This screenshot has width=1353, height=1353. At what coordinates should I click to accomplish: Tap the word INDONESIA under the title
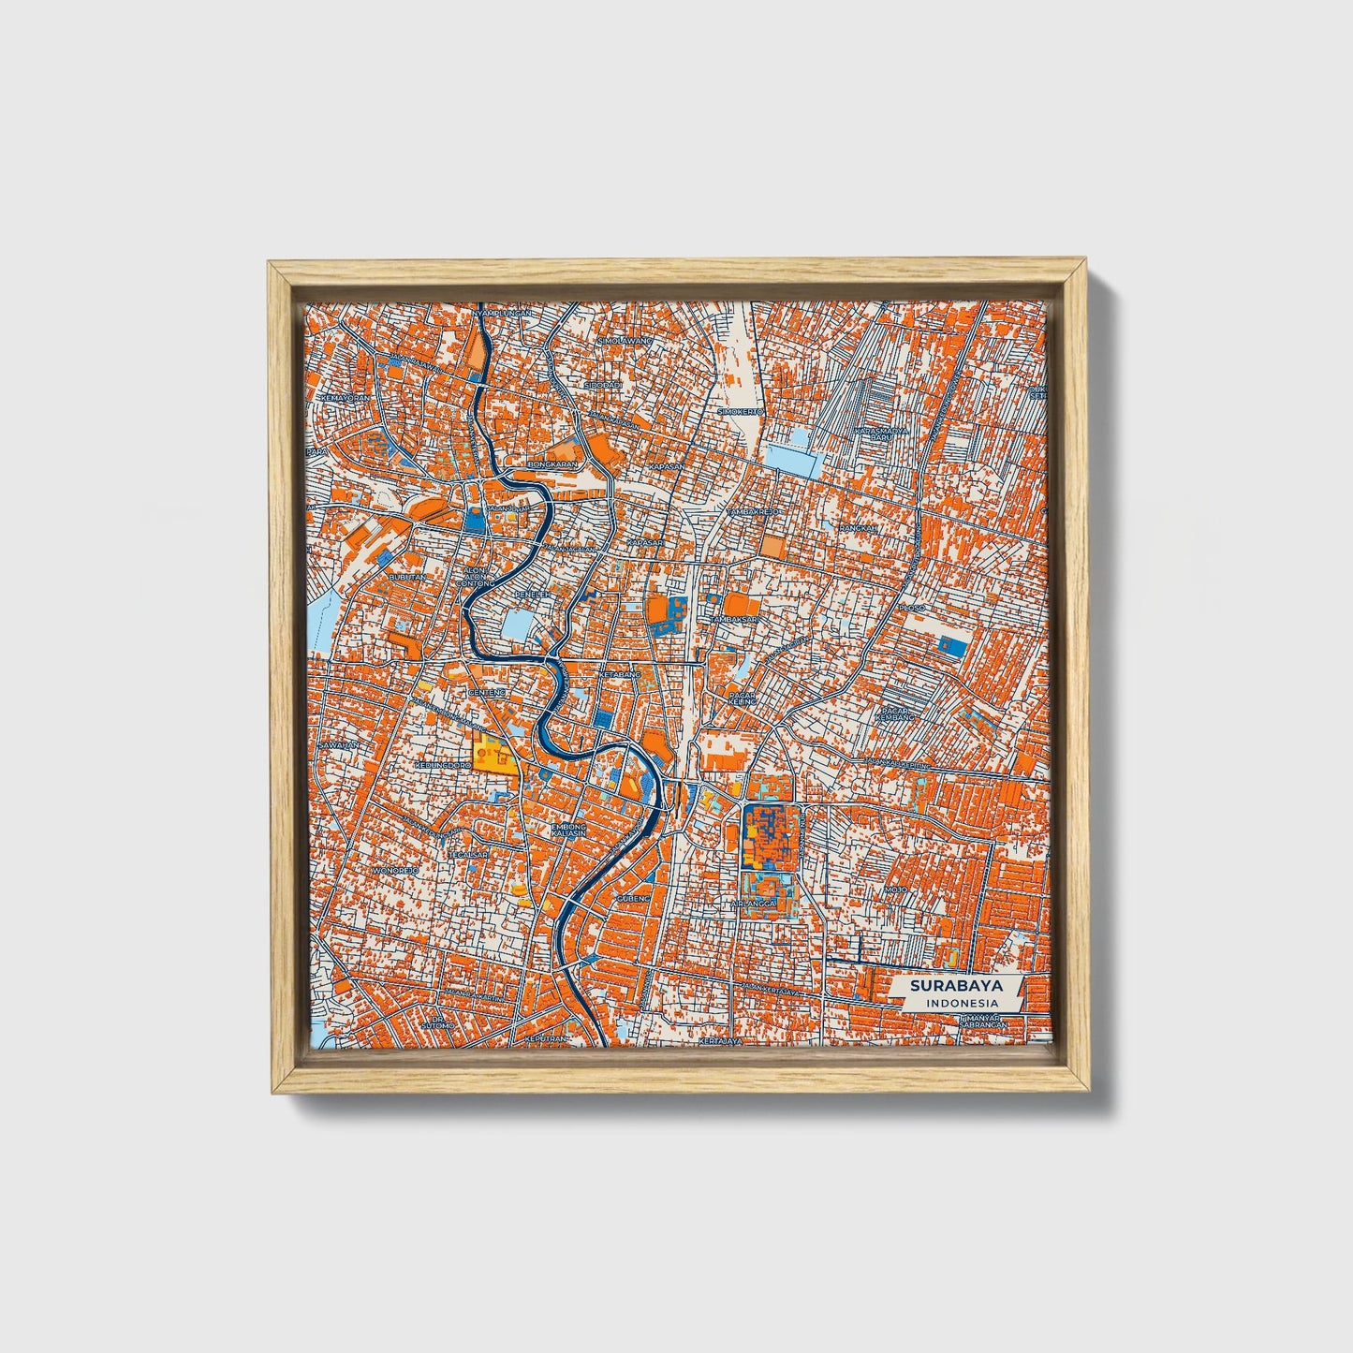pyautogui.click(x=960, y=1003)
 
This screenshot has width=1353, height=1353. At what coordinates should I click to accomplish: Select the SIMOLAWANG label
pyautogui.click(x=625, y=342)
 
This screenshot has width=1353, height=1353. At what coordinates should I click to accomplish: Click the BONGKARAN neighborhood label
pyautogui.click(x=554, y=463)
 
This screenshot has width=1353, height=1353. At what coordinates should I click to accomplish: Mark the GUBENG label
pyautogui.click(x=632, y=899)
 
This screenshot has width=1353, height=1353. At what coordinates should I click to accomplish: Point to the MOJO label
pyautogui.click(x=896, y=889)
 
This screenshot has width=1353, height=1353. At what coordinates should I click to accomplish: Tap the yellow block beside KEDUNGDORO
pyautogui.click(x=493, y=755)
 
